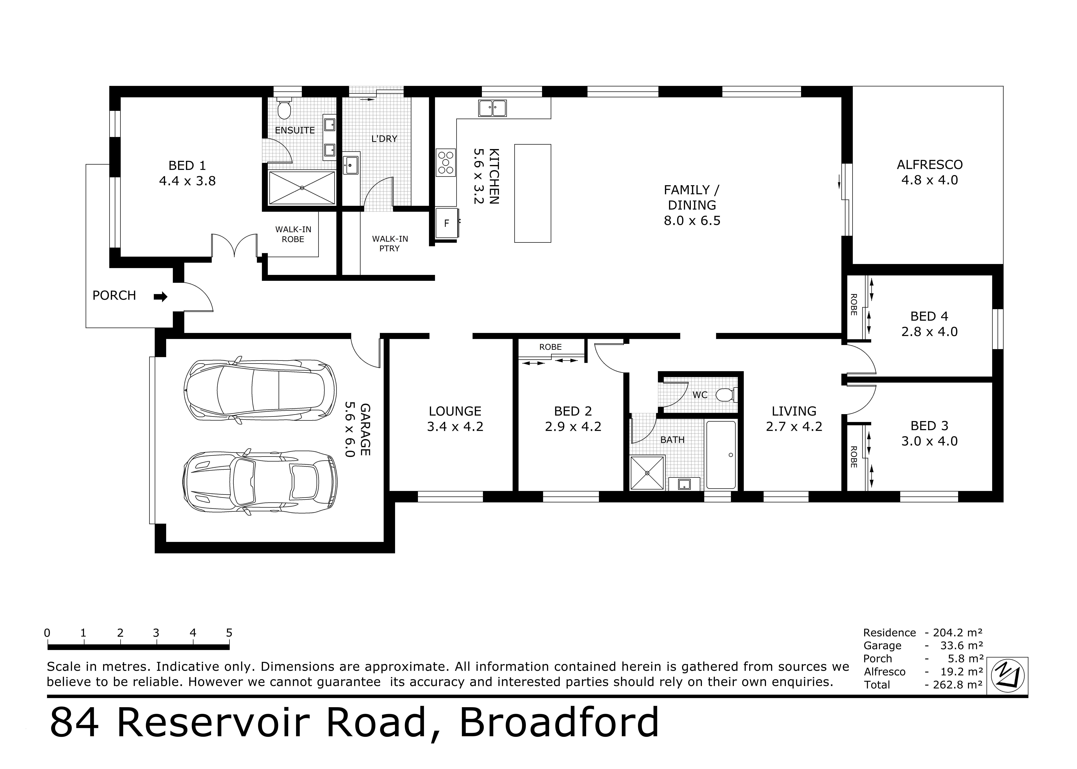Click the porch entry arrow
tap(160, 297)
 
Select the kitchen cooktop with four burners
tap(446, 162)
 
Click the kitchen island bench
tap(533, 193)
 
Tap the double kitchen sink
tap(492, 108)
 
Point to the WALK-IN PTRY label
tap(390, 243)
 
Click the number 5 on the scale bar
tap(229, 633)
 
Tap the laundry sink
tap(351, 165)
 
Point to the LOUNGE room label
tap(455, 411)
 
